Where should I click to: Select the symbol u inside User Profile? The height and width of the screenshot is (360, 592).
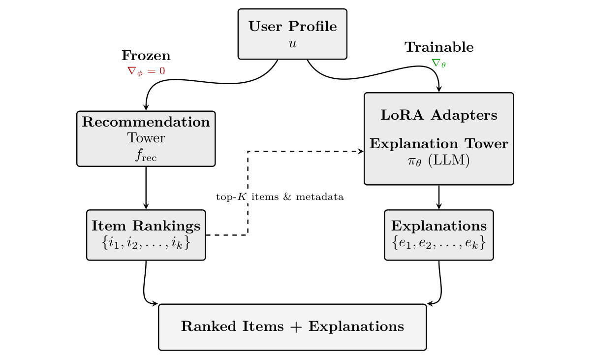[x=292, y=43]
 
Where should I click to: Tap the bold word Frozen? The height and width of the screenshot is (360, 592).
[x=146, y=56]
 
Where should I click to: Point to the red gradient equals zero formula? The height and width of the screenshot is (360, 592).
[x=146, y=71]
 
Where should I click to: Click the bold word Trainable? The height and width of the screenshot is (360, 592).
[x=439, y=47]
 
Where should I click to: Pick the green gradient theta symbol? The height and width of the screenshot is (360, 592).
[x=438, y=63]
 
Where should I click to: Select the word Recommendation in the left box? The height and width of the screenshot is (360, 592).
[x=146, y=122]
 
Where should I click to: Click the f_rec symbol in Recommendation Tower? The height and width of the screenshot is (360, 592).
[x=146, y=156]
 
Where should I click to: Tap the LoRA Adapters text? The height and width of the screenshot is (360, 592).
[x=438, y=115]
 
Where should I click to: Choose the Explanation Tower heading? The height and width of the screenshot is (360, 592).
[x=438, y=144]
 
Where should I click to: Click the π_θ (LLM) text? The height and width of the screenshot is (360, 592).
[x=438, y=161]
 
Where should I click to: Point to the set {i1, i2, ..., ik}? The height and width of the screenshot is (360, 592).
[x=146, y=242]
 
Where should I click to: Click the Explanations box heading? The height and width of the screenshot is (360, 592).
[x=438, y=226]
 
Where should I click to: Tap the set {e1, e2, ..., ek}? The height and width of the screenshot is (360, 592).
[x=438, y=242]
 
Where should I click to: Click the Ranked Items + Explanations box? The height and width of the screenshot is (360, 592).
[x=292, y=327]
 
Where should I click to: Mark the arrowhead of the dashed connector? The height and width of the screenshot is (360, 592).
[x=361, y=151]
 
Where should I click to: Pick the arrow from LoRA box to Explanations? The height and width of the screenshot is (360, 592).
[x=438, y=197]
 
